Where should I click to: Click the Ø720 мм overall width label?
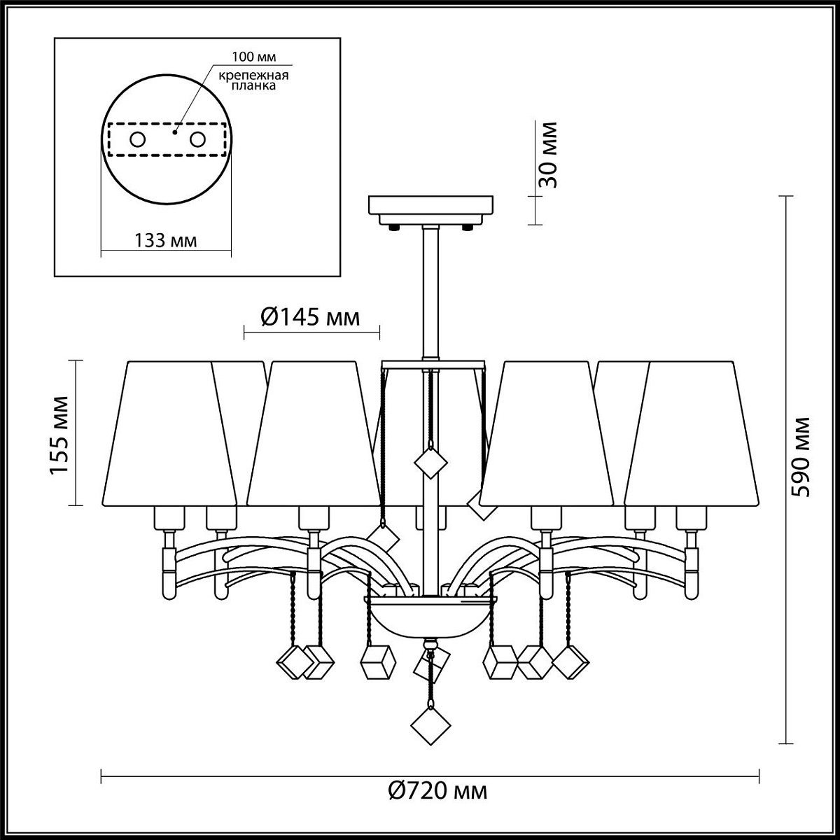click(x=437, y=791)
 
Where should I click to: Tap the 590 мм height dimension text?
click(x=801, y=457)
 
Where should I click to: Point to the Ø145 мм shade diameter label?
click(x=310, y=317)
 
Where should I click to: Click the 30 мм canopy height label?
click(x=547, y=154)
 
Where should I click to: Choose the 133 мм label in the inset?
click(x=165, y=240)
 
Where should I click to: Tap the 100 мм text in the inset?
click(x=253, y=57)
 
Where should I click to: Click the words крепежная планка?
click(x=253, y=80)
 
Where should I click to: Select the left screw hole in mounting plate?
click(x=138, y=140)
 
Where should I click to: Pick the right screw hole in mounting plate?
click(x=197, y=140)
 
